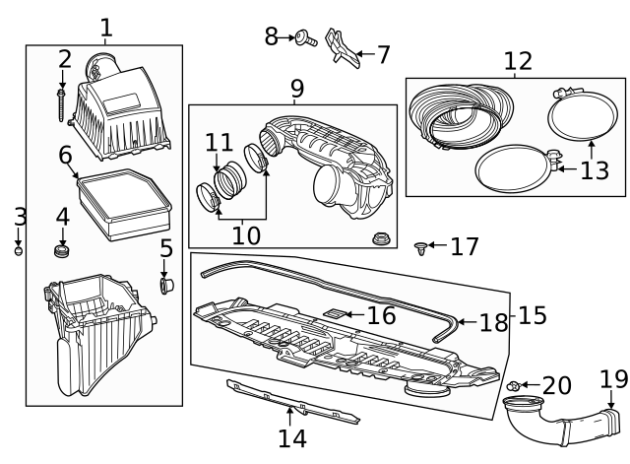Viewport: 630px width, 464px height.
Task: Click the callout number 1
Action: coord(105,27)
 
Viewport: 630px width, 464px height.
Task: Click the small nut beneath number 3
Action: coord(18,250)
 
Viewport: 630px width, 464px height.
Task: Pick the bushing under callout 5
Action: coord(165,285)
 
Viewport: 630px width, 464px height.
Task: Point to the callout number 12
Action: coord(517,61)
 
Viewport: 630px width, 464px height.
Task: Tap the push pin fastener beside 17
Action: coord(422,246)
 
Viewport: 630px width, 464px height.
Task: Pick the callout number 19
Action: coord(612,379)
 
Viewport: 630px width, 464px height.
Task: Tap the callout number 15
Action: coord(533,315)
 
